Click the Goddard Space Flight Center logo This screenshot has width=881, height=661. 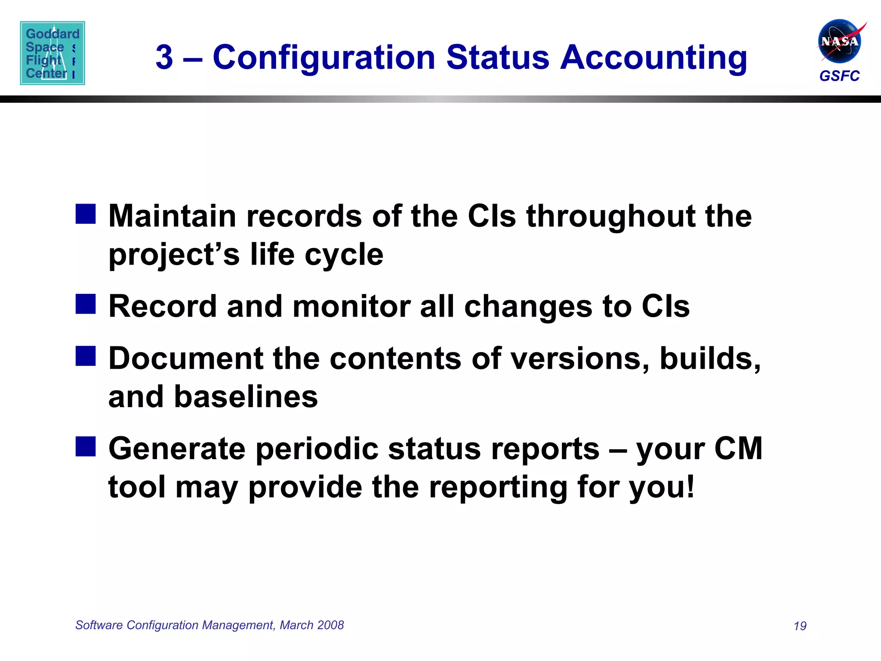[x=52, y=53]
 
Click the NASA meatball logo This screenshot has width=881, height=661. [x=839, y=41]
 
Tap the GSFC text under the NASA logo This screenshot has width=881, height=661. [x=839, y=76]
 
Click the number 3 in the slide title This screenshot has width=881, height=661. [x=164, y=57]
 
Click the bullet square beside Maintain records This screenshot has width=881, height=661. [x=86, y=214]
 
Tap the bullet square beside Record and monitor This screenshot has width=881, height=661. [x=86, y=304]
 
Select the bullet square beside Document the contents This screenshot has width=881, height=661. [x=86, y=356]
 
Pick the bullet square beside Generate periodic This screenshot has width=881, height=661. [x=86, y=446]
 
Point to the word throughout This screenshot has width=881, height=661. [x=610, y=216]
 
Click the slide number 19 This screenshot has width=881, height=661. [x=800, y=626]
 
